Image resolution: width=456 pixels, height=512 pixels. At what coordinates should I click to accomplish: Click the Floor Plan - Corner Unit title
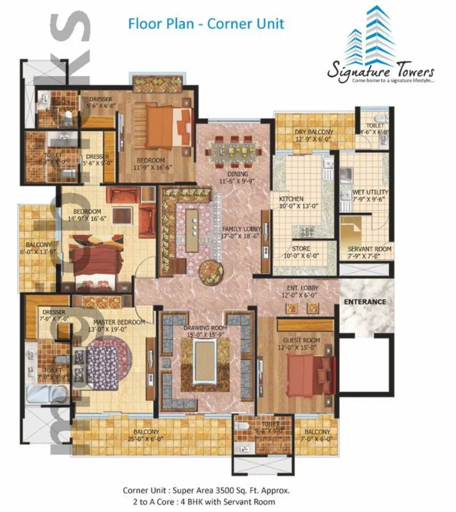coord(206,24)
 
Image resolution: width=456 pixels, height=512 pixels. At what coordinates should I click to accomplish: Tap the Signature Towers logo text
coord(380,72)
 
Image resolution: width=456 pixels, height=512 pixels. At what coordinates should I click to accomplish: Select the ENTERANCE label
coord(364,301)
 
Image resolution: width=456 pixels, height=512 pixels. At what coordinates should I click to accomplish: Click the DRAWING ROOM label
coord(205,328)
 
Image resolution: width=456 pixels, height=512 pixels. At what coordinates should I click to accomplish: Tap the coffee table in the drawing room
coord(205,363)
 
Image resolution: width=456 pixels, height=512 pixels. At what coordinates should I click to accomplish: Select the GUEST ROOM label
coord(299,340)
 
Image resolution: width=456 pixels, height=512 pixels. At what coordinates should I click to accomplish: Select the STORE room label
coord(300,249)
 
